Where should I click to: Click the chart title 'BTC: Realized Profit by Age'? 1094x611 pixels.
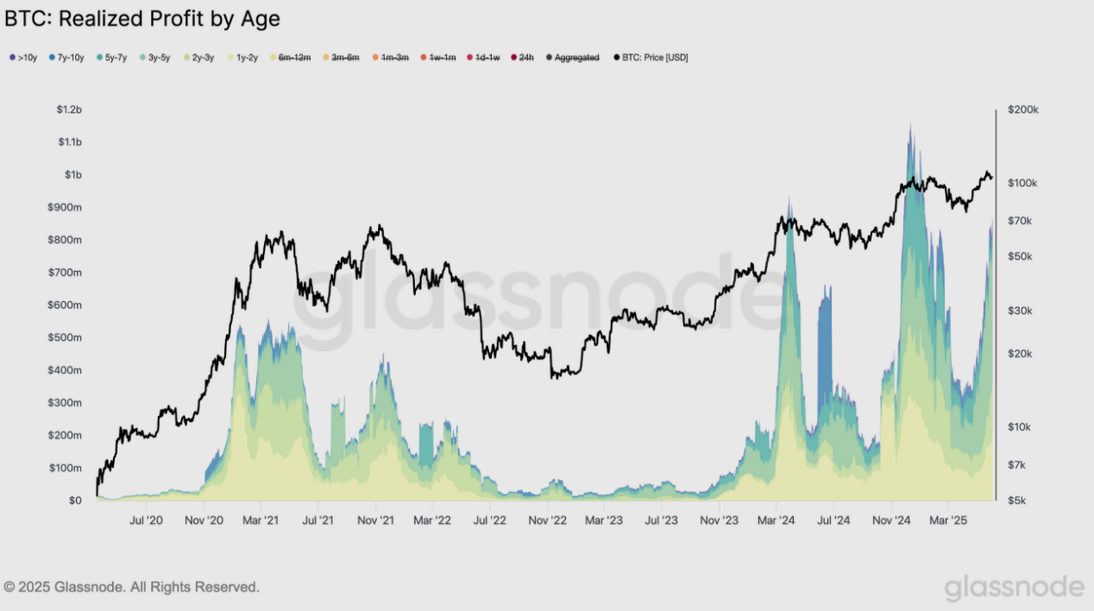[142, 19]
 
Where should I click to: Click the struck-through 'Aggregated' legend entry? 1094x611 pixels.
[576, 58]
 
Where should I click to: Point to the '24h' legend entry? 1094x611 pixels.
[525, 58]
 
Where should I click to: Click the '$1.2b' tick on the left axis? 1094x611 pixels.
[68, 110]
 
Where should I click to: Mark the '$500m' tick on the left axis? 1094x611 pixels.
[65, 337]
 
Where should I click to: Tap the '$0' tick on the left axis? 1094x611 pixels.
[75, 501]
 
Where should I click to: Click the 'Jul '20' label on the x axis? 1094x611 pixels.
[146, 520]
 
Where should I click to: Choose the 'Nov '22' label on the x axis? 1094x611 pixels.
[546, 520]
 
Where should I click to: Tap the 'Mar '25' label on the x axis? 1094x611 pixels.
[948, 520]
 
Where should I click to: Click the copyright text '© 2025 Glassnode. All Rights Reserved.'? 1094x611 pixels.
[131, 587]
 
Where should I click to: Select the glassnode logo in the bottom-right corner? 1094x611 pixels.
[1014, 587]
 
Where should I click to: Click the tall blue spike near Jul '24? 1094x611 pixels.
[825, 345]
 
